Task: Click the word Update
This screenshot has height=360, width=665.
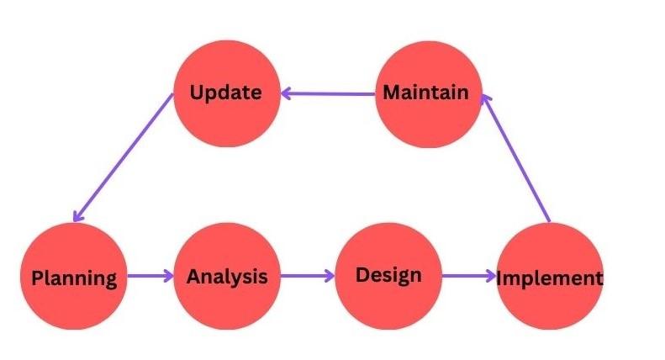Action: click(225, 93)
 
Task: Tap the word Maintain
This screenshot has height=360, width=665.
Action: click(425, 93)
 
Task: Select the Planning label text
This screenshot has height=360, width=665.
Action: click(74, 278)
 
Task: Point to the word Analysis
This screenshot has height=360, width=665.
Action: click(227, 277)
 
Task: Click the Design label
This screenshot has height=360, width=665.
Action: click(388, 275)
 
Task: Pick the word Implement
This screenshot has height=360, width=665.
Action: click(550, 278)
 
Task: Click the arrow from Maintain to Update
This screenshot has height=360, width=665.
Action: click(328, 93)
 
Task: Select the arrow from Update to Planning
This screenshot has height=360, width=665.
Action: click(124, 157)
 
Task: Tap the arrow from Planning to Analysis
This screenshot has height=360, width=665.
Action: click(150, 276)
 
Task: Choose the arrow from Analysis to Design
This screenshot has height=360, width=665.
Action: click(308, 276)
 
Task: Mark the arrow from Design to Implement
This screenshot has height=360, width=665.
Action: click(469, 276)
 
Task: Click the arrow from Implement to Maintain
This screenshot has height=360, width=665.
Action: click(516, 158)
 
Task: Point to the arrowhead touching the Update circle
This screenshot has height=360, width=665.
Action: click(286, 93)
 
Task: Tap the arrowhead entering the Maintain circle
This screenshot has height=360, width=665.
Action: click(486, 100)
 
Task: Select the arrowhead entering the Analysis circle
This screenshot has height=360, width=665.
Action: click(169, 276)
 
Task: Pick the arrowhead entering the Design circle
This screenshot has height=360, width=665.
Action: click(330, 276)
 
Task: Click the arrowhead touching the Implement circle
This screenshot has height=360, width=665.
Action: click(491, 276)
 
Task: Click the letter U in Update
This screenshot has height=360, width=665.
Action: click(197, 93)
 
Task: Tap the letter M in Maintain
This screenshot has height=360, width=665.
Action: click(393, 93)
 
